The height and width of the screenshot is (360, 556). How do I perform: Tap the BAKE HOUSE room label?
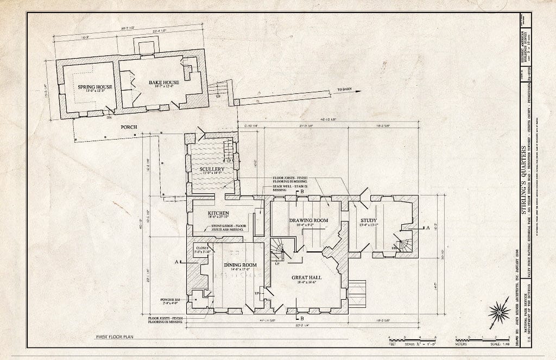[x=149, y=82]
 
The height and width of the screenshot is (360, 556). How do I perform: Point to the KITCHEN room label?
[x=218, y=213]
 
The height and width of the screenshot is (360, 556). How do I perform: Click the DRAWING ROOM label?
[x=308, y=220]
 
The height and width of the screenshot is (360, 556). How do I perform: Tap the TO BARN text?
[x=344, y=90]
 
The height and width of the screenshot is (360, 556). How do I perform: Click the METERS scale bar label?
[x=462, y=343]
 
